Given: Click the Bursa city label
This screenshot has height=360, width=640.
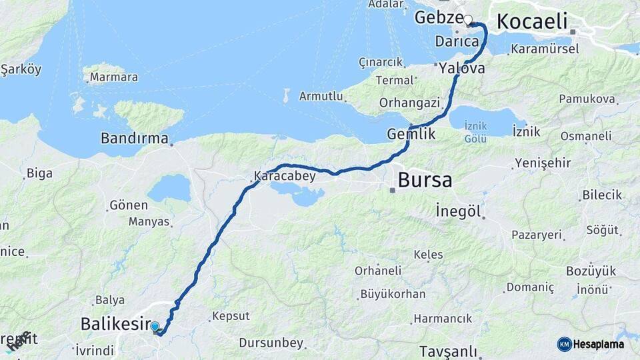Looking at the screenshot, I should point(425,180).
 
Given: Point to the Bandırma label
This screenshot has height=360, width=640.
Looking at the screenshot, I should point(134,139).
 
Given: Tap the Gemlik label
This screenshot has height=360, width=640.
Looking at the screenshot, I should point(411,134).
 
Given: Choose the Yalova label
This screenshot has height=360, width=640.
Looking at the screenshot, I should point(462,68).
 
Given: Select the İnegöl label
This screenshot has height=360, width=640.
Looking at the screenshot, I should point(458,211).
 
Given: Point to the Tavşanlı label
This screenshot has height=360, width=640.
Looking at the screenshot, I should point(449,351).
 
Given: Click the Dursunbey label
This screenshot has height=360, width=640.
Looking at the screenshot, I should point(271,343).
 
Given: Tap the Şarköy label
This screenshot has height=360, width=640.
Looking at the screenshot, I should point(21,69).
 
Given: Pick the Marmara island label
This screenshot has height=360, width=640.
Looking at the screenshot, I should point(113,77).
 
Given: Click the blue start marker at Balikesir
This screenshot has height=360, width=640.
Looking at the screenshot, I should point(155,327).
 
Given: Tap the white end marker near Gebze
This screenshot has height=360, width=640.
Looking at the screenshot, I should point(468,20).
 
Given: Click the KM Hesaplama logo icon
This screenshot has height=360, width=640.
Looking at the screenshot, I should point(565,344).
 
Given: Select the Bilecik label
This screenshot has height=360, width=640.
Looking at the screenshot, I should point(602,195).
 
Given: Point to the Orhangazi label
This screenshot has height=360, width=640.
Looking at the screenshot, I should point(409,103).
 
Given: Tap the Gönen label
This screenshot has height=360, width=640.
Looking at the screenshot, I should point(129,205).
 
